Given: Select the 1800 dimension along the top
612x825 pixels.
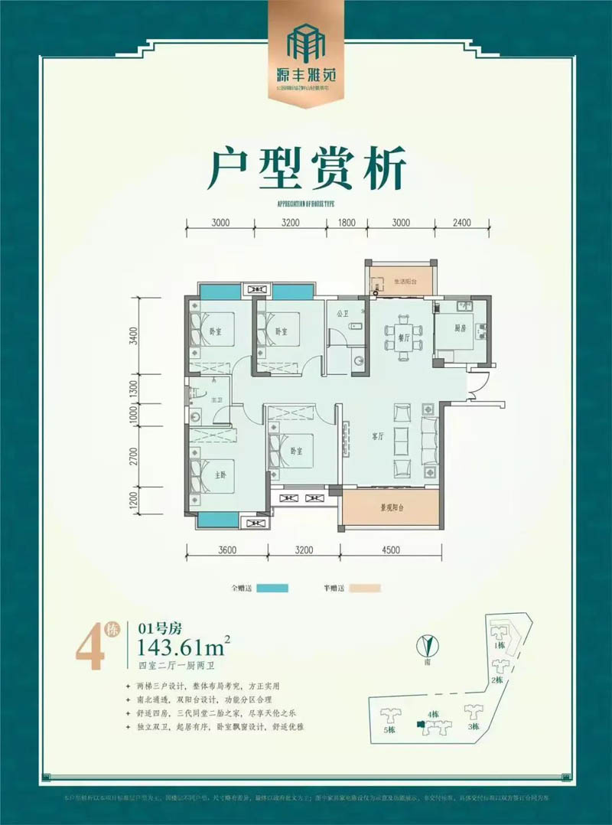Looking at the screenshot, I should click(347, 223).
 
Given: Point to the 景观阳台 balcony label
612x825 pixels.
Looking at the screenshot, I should click(392, 507).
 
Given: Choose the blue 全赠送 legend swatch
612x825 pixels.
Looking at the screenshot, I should click(272, 589).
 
